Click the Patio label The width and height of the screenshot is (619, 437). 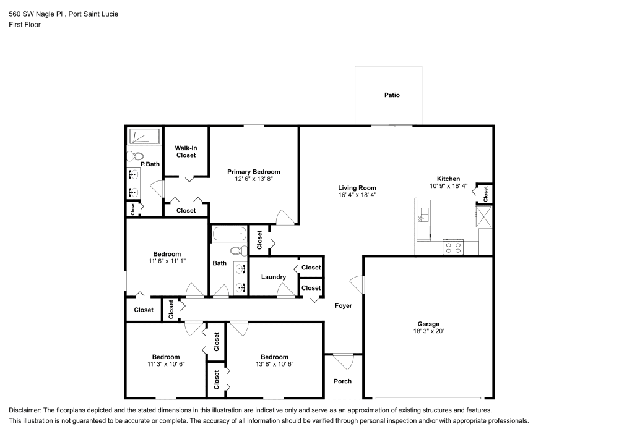[392, 95]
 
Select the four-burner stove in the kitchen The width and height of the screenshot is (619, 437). [453, 247]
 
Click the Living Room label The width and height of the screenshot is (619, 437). [357, 188]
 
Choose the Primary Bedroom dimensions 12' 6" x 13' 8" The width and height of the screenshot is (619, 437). [253, 179]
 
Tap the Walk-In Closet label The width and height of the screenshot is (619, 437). [186, 151]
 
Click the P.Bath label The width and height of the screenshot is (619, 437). [150, 164]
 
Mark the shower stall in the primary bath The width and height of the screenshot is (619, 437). [144, 137]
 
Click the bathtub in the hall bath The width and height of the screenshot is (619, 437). [229, 235]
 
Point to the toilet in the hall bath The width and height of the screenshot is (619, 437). [236, 250]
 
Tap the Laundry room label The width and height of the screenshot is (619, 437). [273, 277]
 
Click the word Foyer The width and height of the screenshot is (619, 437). [344, 306]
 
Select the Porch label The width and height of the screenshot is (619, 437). [342, 381]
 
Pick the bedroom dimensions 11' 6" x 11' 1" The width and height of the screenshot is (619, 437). [167, 261]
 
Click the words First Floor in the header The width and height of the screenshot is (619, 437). [24, 25]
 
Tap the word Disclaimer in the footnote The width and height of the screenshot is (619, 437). [25, 410]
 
